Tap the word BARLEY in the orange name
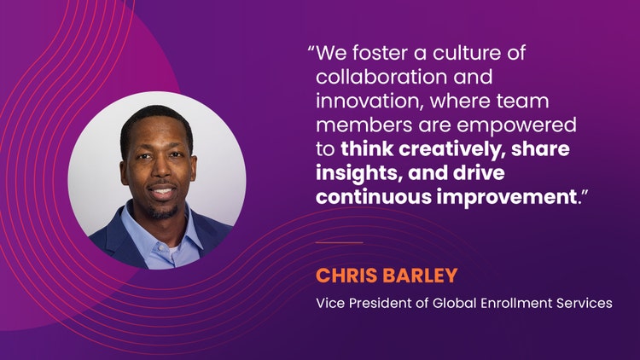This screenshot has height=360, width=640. (x=422, y=276)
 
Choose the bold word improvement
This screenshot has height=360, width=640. (x=507, y=197)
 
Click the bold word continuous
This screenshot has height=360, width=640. (x=374, y=197)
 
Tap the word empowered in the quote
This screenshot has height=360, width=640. (x=517, y=125)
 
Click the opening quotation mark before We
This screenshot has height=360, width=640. (x=311, y=49)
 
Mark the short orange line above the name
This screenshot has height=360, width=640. (x=339, y=242)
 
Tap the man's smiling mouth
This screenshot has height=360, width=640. (x=162, y=191)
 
